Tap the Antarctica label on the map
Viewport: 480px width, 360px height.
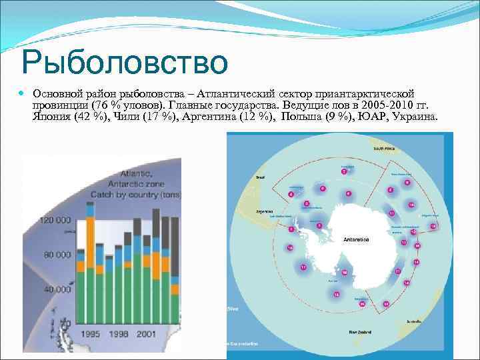pos(357,239)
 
